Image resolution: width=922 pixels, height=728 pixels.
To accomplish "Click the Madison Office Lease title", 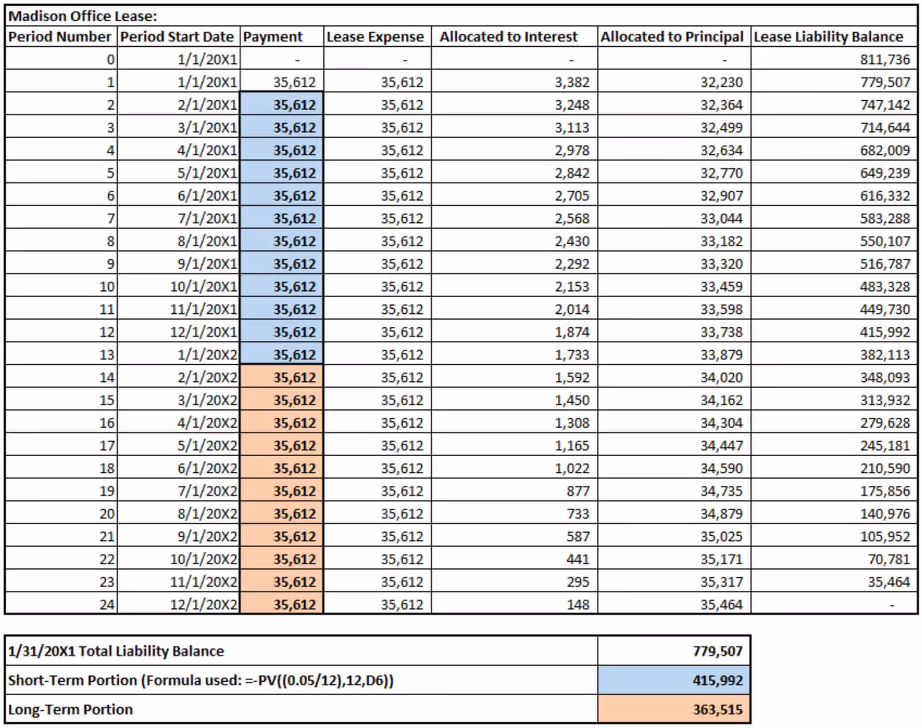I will pyautogui.click(x=82, y=16).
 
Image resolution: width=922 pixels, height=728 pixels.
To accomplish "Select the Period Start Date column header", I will pyautogui.click(x=177, y=37).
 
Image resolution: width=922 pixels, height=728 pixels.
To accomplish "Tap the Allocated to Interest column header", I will pyautogui.click(x=508, y=37).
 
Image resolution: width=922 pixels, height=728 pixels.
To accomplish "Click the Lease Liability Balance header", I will pyautogui.click(x=828, y=37).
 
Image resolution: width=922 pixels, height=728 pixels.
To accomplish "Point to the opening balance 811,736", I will pyautogui.click(x=885, y=59).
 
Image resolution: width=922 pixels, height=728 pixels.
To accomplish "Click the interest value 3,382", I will pyautogui.click(x=572, y=82).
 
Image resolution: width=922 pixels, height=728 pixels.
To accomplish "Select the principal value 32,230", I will pyautogui.click(x=721, y=82).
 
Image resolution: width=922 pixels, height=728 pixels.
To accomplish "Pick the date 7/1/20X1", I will pyautogui.click(x=207, y=219).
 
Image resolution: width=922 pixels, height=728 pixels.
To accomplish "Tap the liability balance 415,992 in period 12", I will pyautogui.click(x=885, y=332).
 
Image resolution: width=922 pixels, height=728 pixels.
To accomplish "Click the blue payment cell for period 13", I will pyautogui.click(x=282, y=355).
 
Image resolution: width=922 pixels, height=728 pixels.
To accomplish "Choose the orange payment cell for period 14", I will pyautogui.click(x=282, y=378).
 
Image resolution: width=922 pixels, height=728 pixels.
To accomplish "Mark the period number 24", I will pyautogui.click(x=107, y=605).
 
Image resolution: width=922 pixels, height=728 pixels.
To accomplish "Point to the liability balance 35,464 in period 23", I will pyautogui.click(x=889, y=582).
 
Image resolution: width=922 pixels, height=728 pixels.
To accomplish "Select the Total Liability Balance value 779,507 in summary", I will pyautogui.click(x=717, y=651).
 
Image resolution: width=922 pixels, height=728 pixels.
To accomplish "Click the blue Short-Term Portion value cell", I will pyautogui.click(x=674, y=680).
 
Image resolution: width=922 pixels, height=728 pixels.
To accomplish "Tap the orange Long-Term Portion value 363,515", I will pyautogui.click(x=717, y=710).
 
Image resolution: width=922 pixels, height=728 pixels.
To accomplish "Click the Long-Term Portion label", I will pyautogui.click(x=70, y=710).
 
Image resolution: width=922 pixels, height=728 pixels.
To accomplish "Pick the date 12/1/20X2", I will pyautogui.click(x=203, y=605).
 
